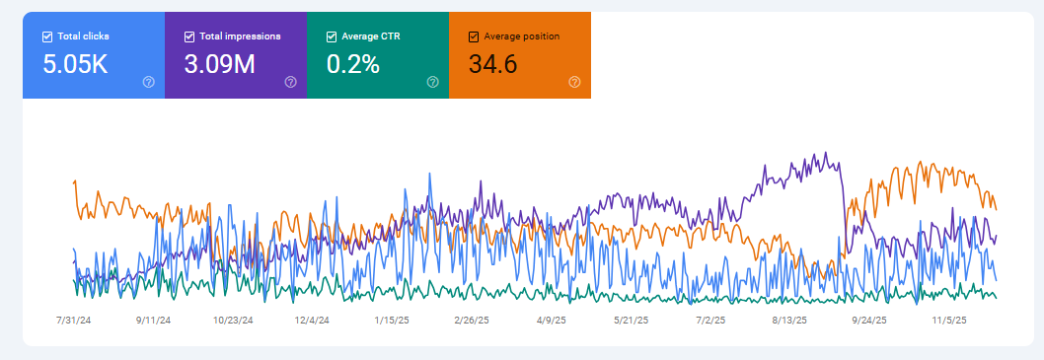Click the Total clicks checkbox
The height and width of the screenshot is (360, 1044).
point(47,36)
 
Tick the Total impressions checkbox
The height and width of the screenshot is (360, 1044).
point(189,36)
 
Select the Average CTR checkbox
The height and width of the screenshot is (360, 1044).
point(332,36)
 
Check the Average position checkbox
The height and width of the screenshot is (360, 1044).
point(474,36)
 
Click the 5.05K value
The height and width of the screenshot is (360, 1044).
point(75,65)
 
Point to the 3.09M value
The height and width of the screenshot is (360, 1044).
point(220,65)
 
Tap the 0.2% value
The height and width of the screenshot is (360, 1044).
point(352,65)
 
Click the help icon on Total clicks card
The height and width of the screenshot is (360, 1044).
point(148,82)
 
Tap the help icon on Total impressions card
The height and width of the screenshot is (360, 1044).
point(290,82)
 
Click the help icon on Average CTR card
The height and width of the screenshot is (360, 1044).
point(432,82)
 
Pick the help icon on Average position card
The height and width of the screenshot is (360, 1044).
point(574,82)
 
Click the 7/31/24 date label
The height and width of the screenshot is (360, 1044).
point(75,320)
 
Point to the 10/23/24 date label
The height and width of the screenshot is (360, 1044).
point(233,320)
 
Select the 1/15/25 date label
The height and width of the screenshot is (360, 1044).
point(392,320)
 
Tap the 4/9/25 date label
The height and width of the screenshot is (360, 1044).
point(550,320)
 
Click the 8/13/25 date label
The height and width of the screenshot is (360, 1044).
point(788,320)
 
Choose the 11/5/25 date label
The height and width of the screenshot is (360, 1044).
point(947,320)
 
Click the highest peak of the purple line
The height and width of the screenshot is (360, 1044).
point(824,153)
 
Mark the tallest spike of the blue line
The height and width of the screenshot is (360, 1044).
point(430,175)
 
